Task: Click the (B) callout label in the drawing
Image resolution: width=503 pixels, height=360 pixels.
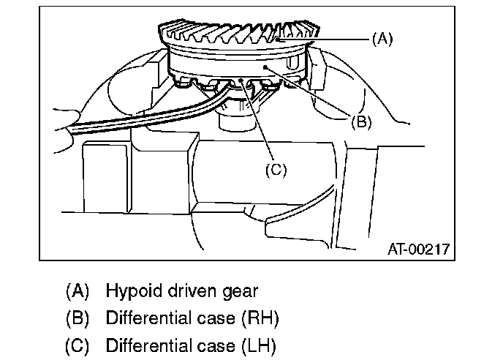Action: click(x=360, y=122)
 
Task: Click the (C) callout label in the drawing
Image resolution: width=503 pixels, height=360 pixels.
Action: click(x=275, y=170)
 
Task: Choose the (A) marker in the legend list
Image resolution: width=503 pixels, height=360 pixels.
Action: click(x=77, y=291)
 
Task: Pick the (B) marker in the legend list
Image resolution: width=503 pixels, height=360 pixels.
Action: click(x=77, y=318)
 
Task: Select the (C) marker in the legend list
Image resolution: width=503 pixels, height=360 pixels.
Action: click(x=77, y=345)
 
